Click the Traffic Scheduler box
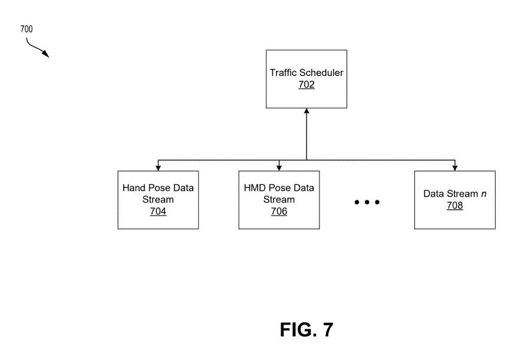307,79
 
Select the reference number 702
307,85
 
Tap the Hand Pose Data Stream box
158,200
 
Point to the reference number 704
158,212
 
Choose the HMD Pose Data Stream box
279,200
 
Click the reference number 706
279,212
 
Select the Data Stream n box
454,200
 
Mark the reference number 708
454,206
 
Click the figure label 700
27,29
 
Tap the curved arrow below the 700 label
37,48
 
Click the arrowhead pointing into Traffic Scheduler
307,112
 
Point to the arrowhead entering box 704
158,168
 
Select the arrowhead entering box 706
279,168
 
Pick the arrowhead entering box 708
454,168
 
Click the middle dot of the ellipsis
367,203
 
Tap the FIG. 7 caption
306,330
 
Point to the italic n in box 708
483,194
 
